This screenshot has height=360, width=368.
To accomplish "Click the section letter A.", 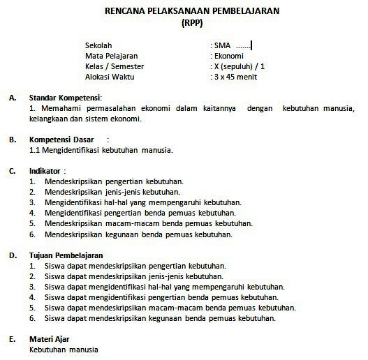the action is tap(13, 97).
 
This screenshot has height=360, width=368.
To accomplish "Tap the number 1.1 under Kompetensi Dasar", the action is tap(35, 149).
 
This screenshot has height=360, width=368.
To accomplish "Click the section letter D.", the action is tap(13, 255).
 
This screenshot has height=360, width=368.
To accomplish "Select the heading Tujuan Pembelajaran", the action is tap(66, 255).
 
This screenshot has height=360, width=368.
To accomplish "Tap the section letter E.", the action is tap(13, 339).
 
